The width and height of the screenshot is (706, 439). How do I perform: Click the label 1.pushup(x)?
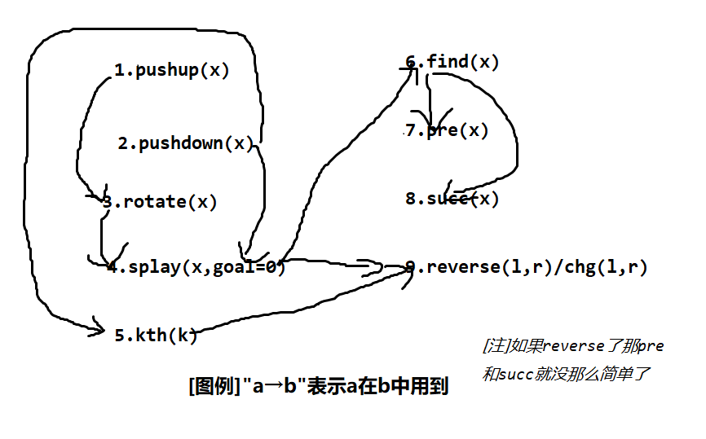(171, 70)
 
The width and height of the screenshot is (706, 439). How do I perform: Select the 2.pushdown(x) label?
(186, 144)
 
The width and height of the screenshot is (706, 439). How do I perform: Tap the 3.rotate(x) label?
(160, 202)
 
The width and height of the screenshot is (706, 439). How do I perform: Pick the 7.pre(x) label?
(447, 130)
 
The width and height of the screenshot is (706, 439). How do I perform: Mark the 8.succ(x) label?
(452, 198)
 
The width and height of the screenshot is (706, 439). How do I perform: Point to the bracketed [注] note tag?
(496, 346)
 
